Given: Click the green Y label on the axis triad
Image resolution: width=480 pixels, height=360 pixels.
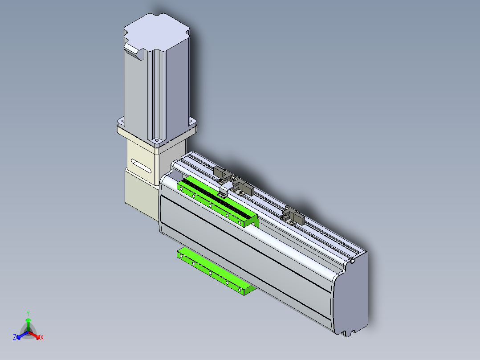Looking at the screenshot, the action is [28, 314].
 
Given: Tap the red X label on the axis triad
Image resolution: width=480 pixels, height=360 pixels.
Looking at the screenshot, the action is [42, 337].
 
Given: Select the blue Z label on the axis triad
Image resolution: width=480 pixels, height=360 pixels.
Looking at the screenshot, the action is [15, 337].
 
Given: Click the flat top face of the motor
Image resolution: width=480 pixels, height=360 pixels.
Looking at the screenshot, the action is [156, 31].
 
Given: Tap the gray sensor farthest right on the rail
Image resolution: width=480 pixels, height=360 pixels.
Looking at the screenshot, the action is [293, 215].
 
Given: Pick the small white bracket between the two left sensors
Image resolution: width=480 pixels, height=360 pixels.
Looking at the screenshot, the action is [225, 188].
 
